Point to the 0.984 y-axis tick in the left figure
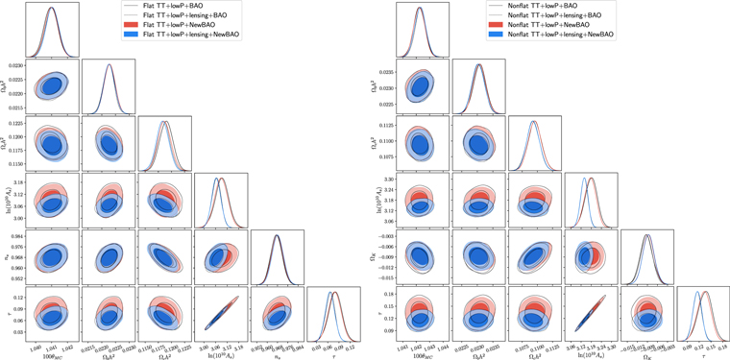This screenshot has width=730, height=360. click(18, 235)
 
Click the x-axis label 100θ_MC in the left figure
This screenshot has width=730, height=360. click(52, 355)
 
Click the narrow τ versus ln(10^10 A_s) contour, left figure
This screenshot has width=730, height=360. click(222, 313)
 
